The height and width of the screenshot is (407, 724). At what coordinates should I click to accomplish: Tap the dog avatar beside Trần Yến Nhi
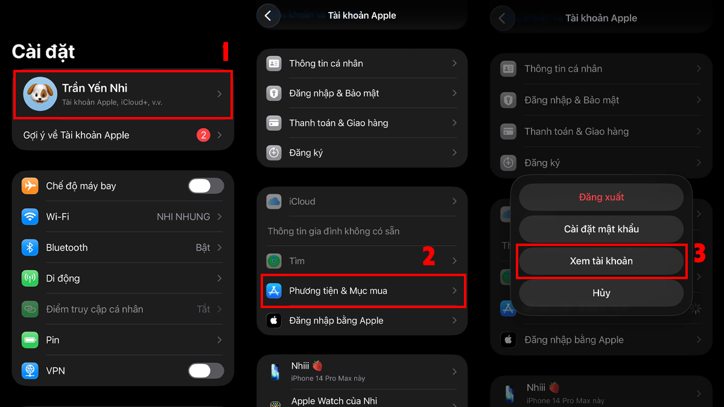[40, 94]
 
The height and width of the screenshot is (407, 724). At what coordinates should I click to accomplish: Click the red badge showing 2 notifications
[203, 135]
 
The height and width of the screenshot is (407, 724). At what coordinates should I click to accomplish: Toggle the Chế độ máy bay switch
[206, 186]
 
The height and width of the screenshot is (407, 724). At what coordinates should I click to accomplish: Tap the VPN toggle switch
[206, 370]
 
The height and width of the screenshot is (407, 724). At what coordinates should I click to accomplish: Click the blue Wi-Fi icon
[30, 216]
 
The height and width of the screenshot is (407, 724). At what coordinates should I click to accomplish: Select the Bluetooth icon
[30, 247]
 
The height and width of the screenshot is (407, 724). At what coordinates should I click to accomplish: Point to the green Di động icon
[30, 278]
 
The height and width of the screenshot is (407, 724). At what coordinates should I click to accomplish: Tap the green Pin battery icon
[30, 339]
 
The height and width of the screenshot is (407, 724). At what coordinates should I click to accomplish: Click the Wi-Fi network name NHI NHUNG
[183, 216]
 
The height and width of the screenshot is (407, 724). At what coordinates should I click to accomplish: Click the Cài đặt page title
[43, 52]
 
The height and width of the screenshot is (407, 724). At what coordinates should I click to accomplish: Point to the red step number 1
[225, 52]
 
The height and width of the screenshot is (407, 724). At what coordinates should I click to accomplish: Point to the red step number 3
[699, 254]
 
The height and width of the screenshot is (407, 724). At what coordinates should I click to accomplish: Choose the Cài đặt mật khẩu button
[601, 229]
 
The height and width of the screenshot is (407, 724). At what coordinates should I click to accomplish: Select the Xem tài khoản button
[601, 261]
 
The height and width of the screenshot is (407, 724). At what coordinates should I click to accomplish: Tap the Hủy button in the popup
[601, 293]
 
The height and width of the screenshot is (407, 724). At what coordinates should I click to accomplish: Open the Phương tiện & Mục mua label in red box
[338, 291]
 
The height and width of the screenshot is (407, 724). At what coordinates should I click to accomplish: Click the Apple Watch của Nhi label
[334, 401]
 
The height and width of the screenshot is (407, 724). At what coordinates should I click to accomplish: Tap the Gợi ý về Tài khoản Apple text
[76, 135]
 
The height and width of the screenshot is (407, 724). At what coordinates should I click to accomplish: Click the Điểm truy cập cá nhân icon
[30, 309]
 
